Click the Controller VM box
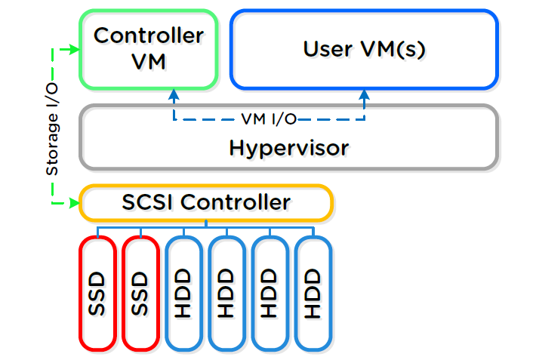(x=149, y=48)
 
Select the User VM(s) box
(x=365, y=49)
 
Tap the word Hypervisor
(x=288, y=147)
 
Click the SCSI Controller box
(x=205, y=203)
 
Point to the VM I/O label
(x=269, y=118)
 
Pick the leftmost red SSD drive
(x=97, y=293)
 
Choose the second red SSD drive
(x=140, y=293)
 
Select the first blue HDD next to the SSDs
(x=183, y=293)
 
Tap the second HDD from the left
(x=226, y=293)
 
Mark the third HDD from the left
(x=269, y=293)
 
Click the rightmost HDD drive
(x=313, y=293)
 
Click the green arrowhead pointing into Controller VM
(x=74, y=50)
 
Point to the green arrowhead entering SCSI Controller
(x=74, y=203)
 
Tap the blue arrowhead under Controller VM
(x=174, y=94)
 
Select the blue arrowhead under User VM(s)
(x=365, y=94)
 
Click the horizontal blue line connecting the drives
(x=205, y=226)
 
